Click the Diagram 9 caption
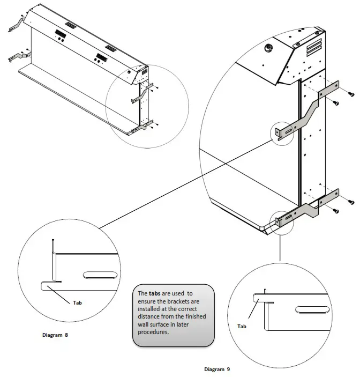[217, 369]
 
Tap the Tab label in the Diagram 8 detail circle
[77, 302]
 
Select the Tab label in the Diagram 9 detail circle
[242, 326]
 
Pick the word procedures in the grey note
[154, 331]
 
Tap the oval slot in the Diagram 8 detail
[100, 275]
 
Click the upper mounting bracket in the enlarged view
[308, 110]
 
